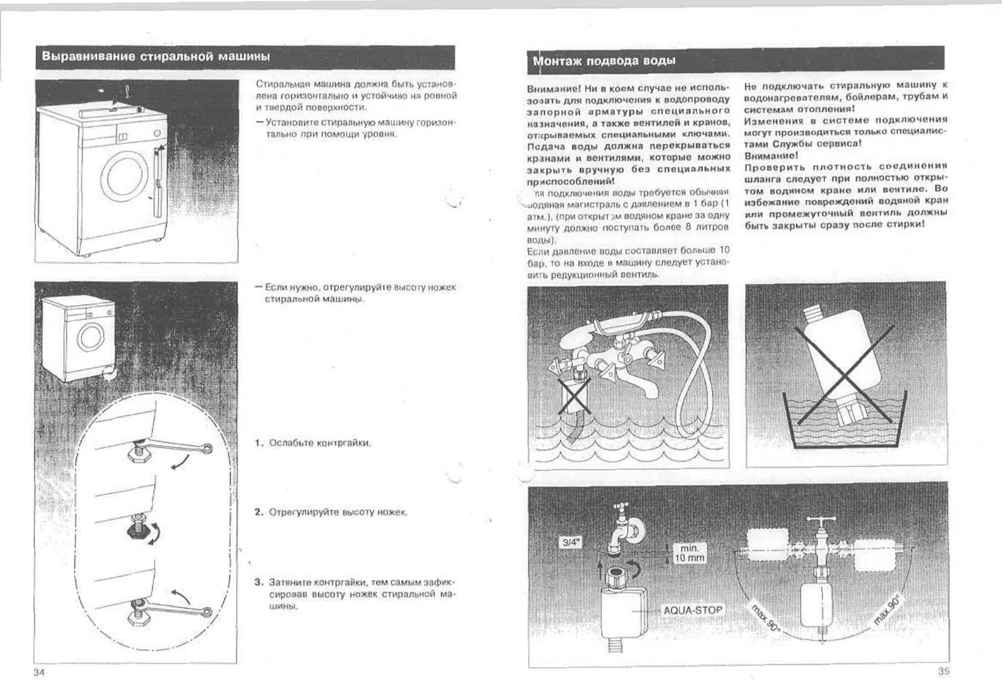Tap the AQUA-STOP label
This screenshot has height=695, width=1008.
pos(692,610)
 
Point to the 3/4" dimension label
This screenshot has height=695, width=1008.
pos(571,542)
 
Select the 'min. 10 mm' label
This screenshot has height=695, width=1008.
pos(689,553)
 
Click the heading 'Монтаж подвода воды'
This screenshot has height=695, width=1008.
pos(604,61)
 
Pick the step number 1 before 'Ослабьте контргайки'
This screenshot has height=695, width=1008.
pos(258,443)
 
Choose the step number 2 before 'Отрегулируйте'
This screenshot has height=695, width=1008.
pos(258,512)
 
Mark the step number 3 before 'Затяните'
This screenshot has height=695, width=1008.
pos(258,582)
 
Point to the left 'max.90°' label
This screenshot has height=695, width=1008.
pos(766,617)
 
